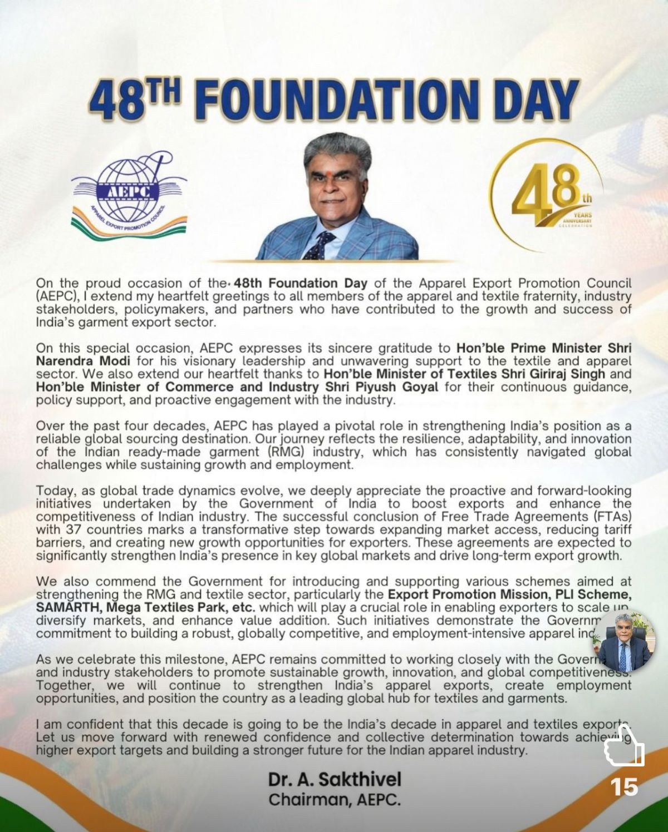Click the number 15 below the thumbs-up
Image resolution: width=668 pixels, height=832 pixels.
click(624, 786)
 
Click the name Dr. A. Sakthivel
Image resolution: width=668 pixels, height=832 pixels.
click(334, 779)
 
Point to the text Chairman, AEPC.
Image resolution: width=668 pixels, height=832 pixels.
click(334, 800)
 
